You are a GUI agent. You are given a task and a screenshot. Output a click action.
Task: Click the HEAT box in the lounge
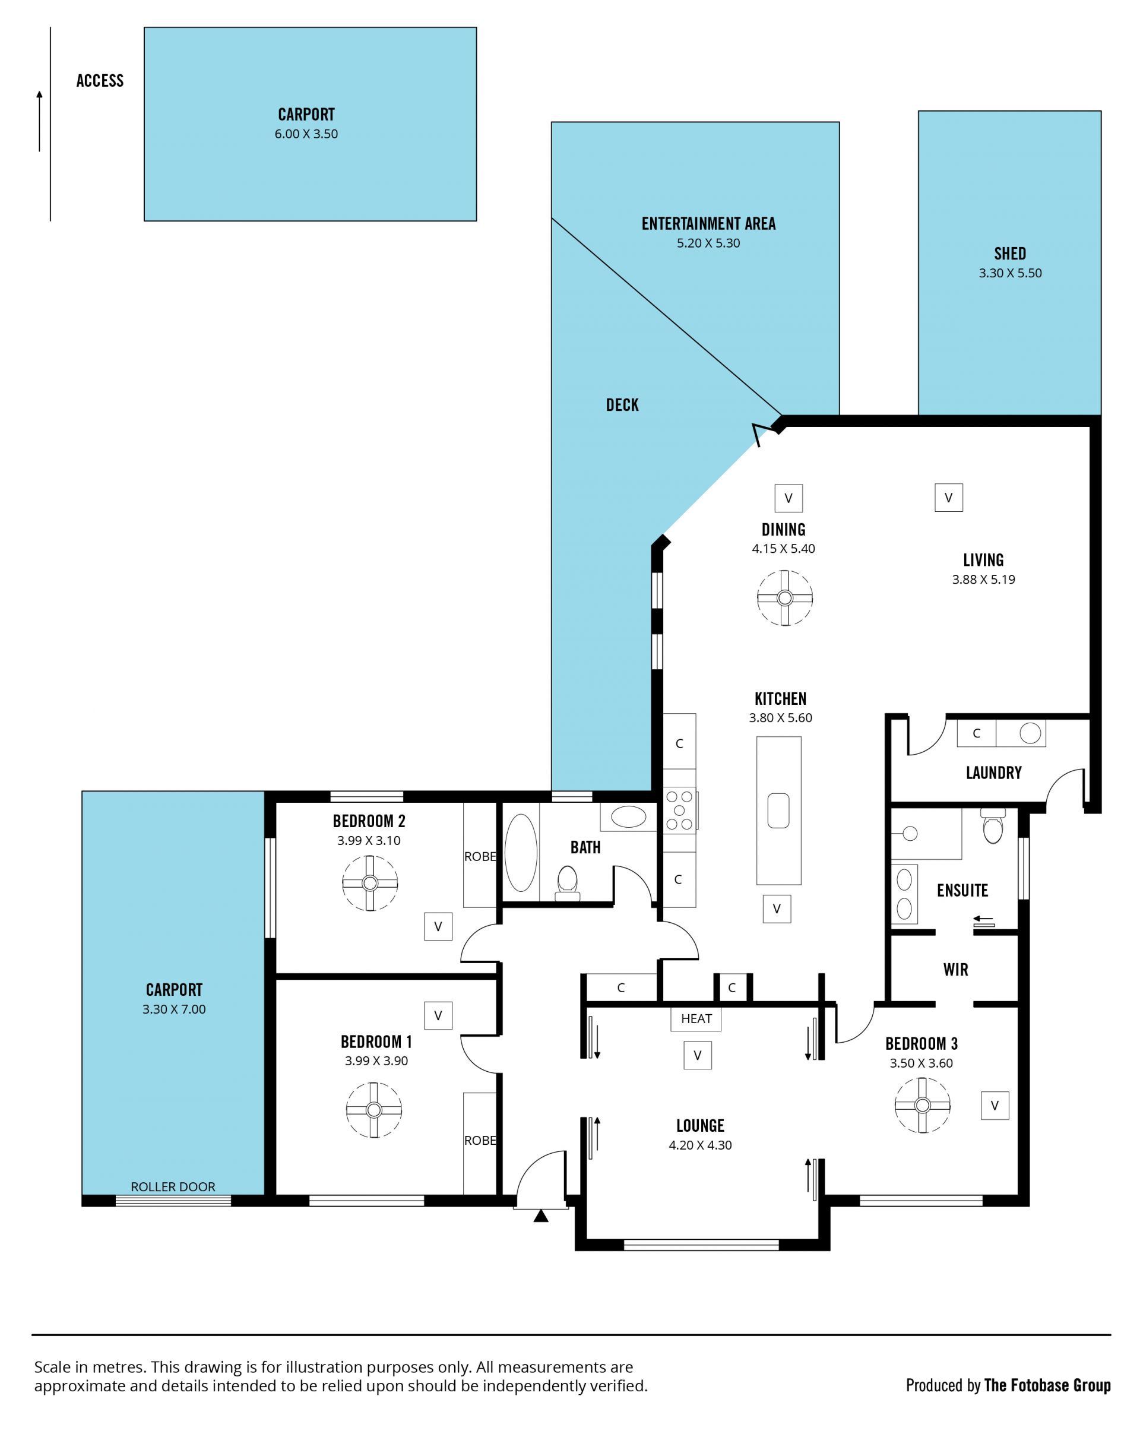(x=696, y=1018)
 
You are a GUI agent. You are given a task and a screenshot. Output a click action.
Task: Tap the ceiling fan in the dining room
(x=785, y=597)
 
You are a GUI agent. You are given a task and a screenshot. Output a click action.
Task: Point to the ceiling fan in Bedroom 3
(x=922, y=1105)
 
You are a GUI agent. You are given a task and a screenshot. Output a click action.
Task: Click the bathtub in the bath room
(x=521, y=853)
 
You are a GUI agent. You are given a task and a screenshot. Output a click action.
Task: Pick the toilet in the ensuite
(x=992, y=825)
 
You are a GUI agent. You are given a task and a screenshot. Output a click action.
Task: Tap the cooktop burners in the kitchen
(x=680, y=810)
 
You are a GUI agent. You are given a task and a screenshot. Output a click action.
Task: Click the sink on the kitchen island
(x=778, y=811)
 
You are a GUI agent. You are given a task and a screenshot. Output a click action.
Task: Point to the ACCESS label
(x=100, y=81)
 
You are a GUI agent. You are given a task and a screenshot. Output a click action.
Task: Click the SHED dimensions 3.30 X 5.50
(x=1009, y=273)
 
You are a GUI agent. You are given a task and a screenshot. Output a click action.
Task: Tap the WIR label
(x=955, y=969)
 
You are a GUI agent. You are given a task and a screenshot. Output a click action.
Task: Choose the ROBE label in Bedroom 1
(x=480, y=1140)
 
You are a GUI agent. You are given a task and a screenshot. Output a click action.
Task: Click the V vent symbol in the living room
(x=948, y=498)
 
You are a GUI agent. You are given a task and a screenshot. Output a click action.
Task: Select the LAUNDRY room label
(x=993, y=772)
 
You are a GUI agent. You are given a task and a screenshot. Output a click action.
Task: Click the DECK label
(x=622, y=404)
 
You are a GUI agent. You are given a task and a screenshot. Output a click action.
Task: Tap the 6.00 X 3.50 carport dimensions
(x=306, y=134)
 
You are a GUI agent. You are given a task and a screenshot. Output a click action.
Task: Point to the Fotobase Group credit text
(x=1047, y=1385)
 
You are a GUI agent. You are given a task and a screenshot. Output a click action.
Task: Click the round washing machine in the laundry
(x=1030, y=733)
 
